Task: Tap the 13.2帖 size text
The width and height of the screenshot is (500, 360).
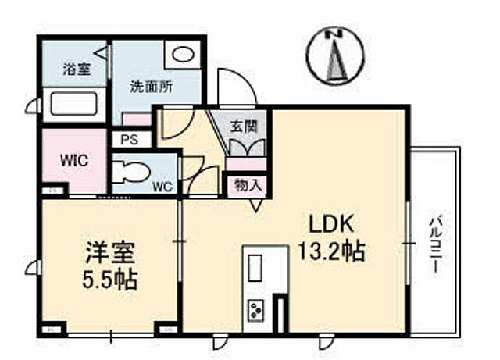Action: (331, 253)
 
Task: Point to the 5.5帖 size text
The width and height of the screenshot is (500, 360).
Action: (110, 279)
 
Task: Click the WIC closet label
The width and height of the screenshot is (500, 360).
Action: (74, 159)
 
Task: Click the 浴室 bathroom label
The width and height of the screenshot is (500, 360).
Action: (77, 69)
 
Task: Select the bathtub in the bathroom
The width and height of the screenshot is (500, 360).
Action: (70, 104)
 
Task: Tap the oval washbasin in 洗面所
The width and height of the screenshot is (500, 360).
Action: (183, 54)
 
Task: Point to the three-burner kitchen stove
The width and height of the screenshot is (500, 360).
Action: (255, 311)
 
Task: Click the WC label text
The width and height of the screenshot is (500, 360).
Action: (162, 187)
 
